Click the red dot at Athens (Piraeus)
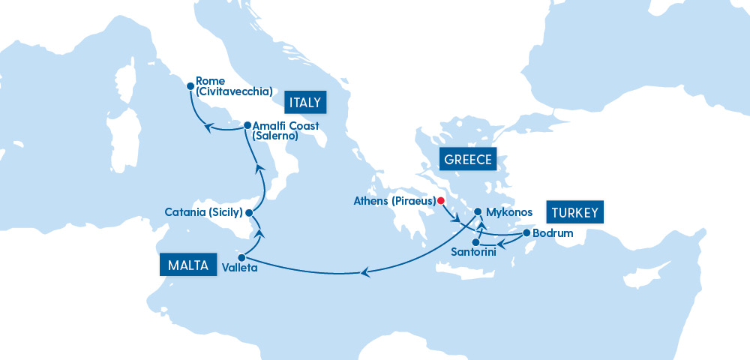point(441,200)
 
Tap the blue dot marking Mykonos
point(478,212)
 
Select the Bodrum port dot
point(526,233)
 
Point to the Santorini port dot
point(475,241)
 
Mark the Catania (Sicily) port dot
point(250,213)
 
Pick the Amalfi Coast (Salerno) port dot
point(247,125)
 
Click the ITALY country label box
point(303,102)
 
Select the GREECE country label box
point(467,159)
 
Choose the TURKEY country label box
point(574,212)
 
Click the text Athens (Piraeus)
point(394,201)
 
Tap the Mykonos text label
point(509,213)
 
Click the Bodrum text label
point(553,234)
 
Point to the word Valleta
point(240,267)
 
